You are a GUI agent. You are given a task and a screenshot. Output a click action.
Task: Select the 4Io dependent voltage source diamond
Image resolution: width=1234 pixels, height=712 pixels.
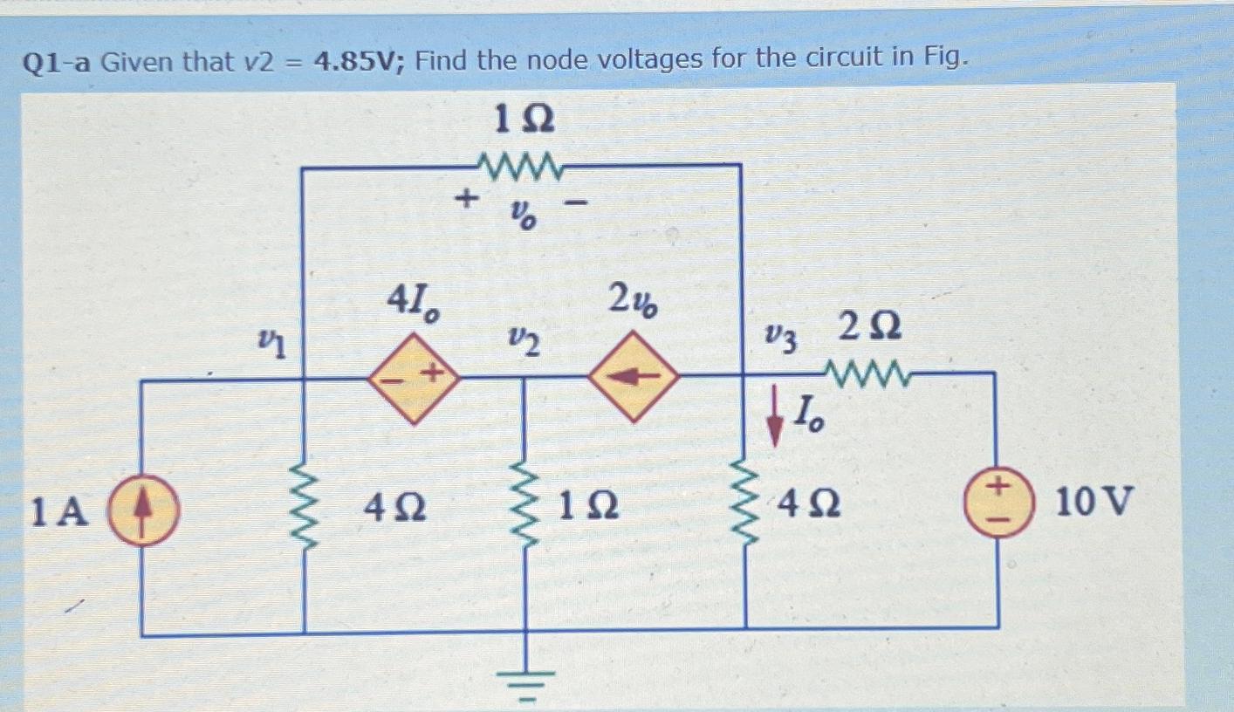tap(414, 376)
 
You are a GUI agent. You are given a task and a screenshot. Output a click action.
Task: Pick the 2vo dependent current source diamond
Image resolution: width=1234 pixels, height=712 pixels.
tap(633, 376)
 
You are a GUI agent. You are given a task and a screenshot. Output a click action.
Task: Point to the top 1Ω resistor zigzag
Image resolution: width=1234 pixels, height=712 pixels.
tap(523, 162)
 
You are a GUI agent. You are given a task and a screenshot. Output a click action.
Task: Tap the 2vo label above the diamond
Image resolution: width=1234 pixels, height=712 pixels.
tap(634, 303)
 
